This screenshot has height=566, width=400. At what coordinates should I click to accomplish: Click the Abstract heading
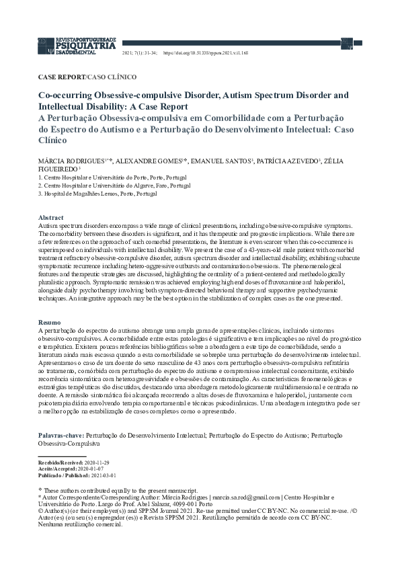[51, 218]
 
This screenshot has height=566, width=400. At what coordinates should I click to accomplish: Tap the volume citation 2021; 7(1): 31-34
[140, 51]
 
